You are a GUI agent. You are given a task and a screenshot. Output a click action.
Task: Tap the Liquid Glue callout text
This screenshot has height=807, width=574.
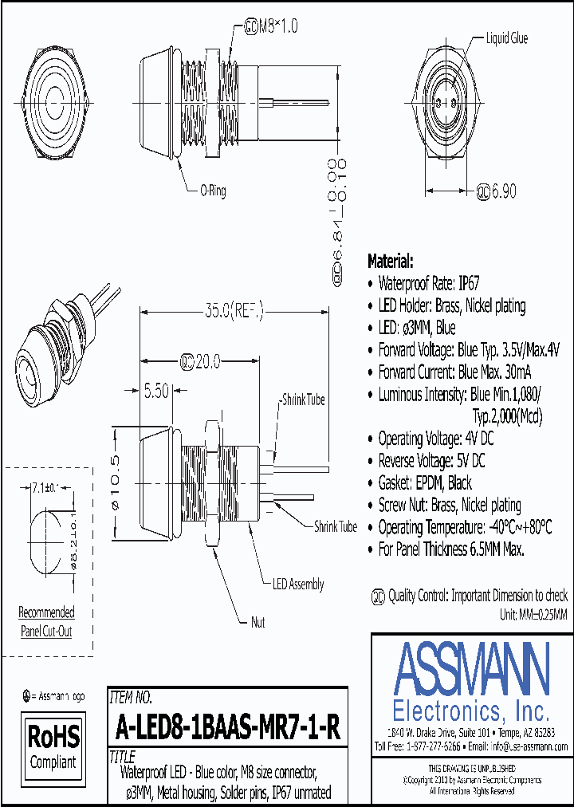pyautogui.click(x=506, y=38)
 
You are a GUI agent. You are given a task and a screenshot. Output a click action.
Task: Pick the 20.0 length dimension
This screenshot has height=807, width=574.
pyautogui.click(x=201, y=361)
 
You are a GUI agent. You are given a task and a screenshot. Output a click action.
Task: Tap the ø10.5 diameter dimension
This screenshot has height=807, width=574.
pyautogui.click(x=115, y=483)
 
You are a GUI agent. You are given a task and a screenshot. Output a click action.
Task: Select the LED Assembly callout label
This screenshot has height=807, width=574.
pyautogui.click(x=298, y=584)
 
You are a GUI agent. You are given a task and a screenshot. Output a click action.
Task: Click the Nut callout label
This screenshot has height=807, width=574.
pyautogui.click(x=258, y=622)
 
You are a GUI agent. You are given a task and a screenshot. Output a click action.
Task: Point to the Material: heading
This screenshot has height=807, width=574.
pyautogui.click(x=390, y=262)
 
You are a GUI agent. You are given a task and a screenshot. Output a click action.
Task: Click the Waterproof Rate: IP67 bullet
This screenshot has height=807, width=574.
pyautogui.click(x=428, y=283)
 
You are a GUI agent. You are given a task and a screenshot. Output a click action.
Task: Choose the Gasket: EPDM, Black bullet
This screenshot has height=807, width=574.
pyautogui.click(x=424, y=482)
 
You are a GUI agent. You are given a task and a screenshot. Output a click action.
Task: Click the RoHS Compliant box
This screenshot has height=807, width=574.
pyautogui.click(x=53, y=745)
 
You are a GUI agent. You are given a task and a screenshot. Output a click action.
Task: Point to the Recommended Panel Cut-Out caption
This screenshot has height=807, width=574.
pyautogui.click(x=46, y=622)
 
